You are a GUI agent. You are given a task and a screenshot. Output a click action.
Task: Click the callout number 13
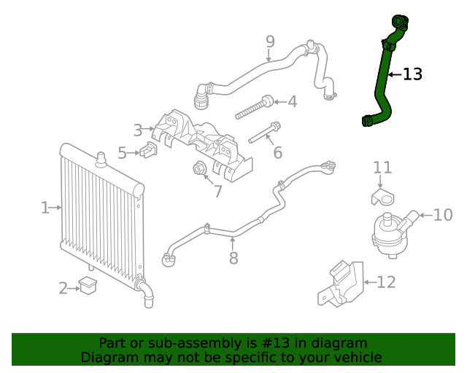pyautogui.click(x=412, y=74)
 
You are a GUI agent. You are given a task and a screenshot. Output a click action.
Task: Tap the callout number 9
pyautogui.click(x=270, y=42)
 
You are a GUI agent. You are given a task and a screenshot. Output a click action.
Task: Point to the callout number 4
pyautogui.click(x=292, y=102)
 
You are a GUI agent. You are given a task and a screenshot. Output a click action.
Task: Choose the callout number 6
pyautogui.click(x=277, y=153)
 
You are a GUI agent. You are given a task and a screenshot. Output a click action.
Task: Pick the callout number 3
pyautogui.click(x=138, y=131)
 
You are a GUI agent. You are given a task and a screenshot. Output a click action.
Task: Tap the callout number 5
pyautogui.click(x=122, y=153)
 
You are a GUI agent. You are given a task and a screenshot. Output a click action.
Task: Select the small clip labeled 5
pyautogui.click(x=150, y=151)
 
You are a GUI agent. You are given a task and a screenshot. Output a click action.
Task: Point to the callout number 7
pyautogui.click(x=217, y=192)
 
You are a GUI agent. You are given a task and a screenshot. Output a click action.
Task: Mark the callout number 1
pyautogui.click(x=45, y=208)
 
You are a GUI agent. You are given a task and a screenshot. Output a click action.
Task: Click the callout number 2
pyautogui.click(x=63, y=288)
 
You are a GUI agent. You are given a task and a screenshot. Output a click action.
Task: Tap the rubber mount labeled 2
pyautogui.click(x=88, y=285)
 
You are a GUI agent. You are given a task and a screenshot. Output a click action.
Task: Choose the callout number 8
pyautogui.click(x=233, y=259)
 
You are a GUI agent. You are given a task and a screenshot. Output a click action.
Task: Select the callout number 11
pyautogui.click(x=382, y=168)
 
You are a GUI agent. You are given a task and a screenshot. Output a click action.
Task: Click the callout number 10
pyautogui.click(x=443, y=215)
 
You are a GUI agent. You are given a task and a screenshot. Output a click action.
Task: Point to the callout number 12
pyautogui.click(x=386, y=282)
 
